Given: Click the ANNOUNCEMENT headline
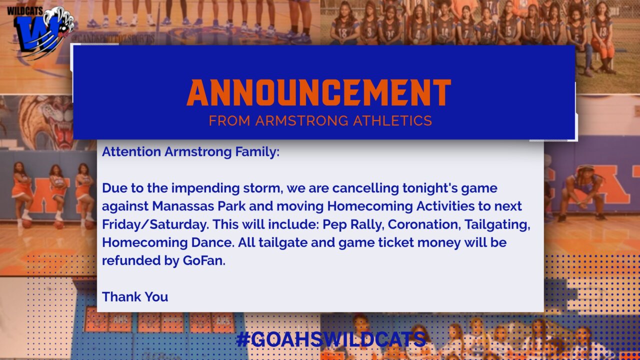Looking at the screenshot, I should click(319, 92).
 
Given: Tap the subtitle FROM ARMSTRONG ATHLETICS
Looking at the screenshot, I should click(320, 120).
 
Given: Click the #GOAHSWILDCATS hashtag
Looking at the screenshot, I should click(331, 339).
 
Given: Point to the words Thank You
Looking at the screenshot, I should click(135, 297).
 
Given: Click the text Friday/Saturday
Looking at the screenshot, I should click(154, 225).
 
